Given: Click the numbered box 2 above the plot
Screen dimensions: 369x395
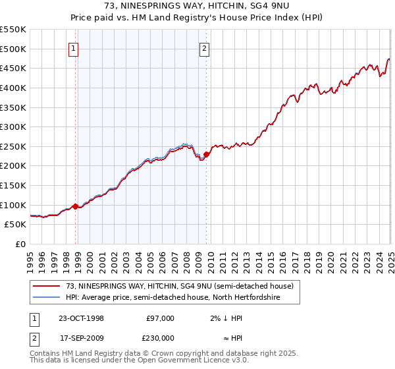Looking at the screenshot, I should [205, 47].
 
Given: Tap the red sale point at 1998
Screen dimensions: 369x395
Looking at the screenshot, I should [75, 206].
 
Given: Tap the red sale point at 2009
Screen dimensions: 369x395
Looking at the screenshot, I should [206, 154].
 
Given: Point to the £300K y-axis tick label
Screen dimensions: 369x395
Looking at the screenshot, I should [13, 127].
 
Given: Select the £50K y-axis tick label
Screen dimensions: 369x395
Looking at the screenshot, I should [16, 225].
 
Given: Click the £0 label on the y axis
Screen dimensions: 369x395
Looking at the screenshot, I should [20, 244].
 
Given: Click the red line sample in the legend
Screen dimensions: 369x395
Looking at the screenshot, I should [47, 285].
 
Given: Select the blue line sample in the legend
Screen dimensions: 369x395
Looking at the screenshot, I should [47, 297].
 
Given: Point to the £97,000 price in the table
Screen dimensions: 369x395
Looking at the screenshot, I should [160, 318].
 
